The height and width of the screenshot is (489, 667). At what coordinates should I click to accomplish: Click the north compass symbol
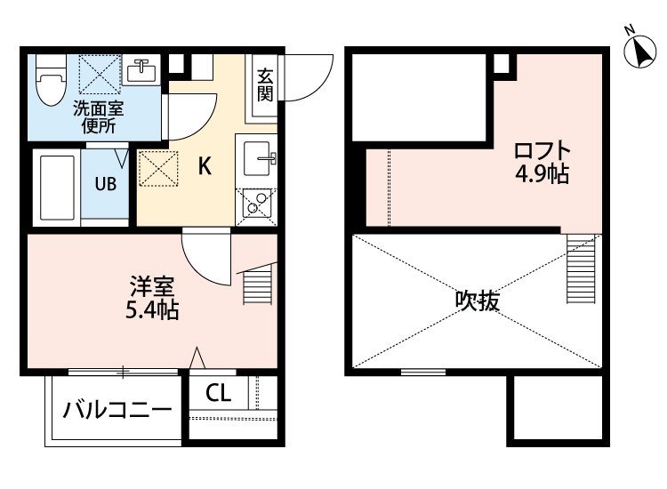pyautogui.click(x=639, y=51)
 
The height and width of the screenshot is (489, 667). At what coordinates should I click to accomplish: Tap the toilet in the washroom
pyautogui.click(x=51, y=80)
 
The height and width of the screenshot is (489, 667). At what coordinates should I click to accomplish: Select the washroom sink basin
pyautogui.click(x=141, y=70)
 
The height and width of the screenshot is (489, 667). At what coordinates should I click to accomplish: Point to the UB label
pyautogui.click(x=106, y=184)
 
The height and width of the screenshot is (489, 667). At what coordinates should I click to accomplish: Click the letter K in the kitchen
pyautogui.click(x=205, y=166)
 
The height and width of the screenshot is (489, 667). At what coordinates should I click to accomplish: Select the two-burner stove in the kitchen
pyautogui.click(x=256, y=205)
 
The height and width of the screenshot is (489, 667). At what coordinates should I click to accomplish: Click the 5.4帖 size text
pyautogui.click(x=152, y=310)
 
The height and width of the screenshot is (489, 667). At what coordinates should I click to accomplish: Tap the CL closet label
pyautogui.click(x=218, y=393)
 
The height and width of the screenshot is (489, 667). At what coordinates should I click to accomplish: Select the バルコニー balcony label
pyautogui.click(x=117, y=410)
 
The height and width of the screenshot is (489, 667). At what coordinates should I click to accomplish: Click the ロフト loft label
pyautogui.click(x=542, y=151)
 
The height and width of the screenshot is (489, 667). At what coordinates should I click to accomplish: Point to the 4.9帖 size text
pyautogui.click(x=542, y=174)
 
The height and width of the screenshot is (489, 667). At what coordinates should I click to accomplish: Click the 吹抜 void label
pyautogui.click(x=478, y=301)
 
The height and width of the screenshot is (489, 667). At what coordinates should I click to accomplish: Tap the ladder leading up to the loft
pyautogui.click(x=581, y=269)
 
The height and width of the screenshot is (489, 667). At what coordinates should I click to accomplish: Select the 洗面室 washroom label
pyautogui.click(x=99, y=108)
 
